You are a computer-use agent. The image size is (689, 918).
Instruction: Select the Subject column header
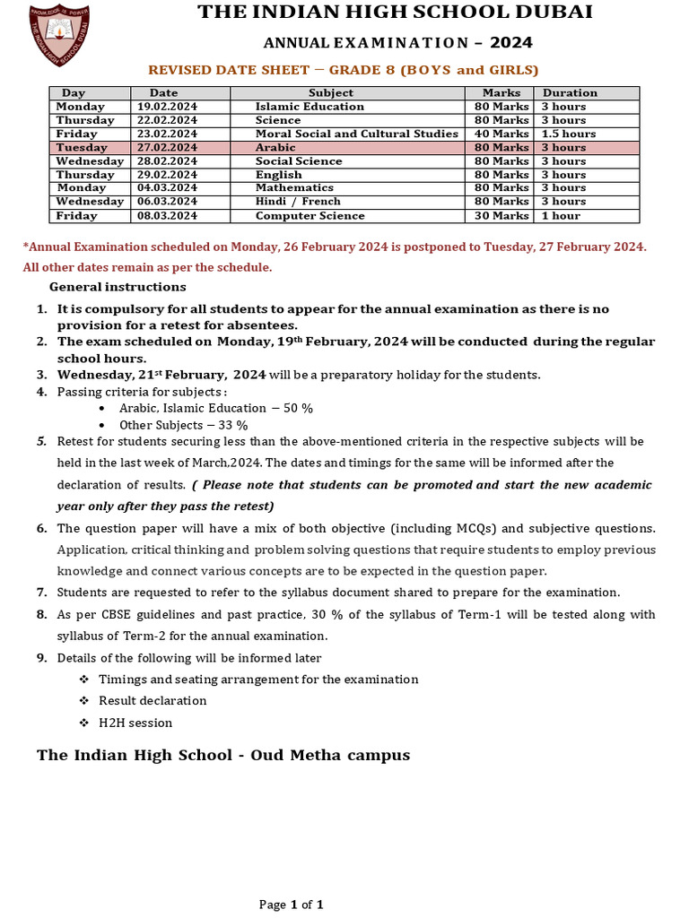(x=330, y=92)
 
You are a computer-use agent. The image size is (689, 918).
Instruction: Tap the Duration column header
(x=570, y=92)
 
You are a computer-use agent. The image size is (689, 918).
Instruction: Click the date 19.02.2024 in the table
(x=167, y=107)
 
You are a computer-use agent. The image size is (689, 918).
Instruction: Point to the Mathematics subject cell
(x=294, y=188)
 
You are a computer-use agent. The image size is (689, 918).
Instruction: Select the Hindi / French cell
(x=298, y=202)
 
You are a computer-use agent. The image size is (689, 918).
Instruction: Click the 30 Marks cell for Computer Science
(x=501, y=216)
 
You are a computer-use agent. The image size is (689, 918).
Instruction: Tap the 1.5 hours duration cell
(x=569, y=134)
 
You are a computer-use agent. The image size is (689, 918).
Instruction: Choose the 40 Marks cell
(x=501, y=134)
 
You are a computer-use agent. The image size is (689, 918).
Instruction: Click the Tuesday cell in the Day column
(x=82, y=147)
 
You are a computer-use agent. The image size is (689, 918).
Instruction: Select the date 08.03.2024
(x=167, y=216)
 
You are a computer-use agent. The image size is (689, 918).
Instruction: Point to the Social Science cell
(x=299, y=161)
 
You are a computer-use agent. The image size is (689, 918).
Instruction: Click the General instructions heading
(x=118, y=287)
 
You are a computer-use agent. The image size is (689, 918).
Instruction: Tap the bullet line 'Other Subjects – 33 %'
(x=183, y=425)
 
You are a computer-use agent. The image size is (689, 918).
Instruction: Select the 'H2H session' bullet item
(x=135, y=723)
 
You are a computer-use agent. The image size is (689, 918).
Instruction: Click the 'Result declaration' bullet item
(x=153, y=700)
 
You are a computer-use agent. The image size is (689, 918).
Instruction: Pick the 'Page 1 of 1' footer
(x=291, y=905)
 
